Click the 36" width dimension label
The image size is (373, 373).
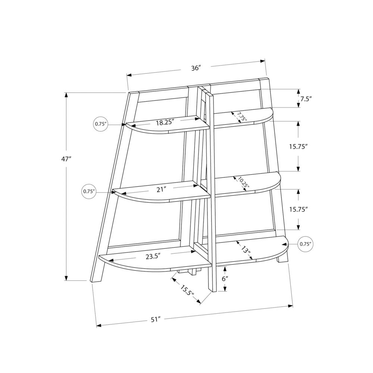click(x=196, y=68)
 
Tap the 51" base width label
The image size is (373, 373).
click(x=156, y=320)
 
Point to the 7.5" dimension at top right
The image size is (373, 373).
click(x=305, y=99)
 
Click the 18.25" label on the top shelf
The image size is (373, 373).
click(x=165, y=122)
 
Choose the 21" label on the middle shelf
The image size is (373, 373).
click(x=161, y=189)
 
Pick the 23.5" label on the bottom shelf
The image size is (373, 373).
click(x=153, y=256)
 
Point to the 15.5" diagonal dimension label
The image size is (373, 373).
click(x=188, y=291)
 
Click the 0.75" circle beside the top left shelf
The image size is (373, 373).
click(x=101, y=124)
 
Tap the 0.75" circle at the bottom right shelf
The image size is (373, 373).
click(x=305, y=244)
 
